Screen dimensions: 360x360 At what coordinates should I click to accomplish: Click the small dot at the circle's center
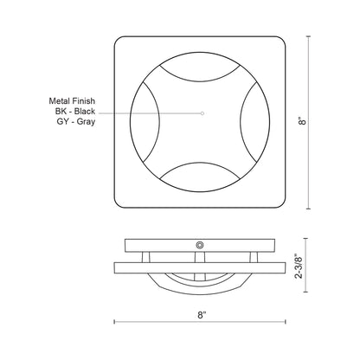click(201, 113)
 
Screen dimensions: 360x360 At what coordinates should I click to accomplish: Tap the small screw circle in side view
click(201, 246)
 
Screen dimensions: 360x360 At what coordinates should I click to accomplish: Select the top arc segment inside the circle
click(201, 73)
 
